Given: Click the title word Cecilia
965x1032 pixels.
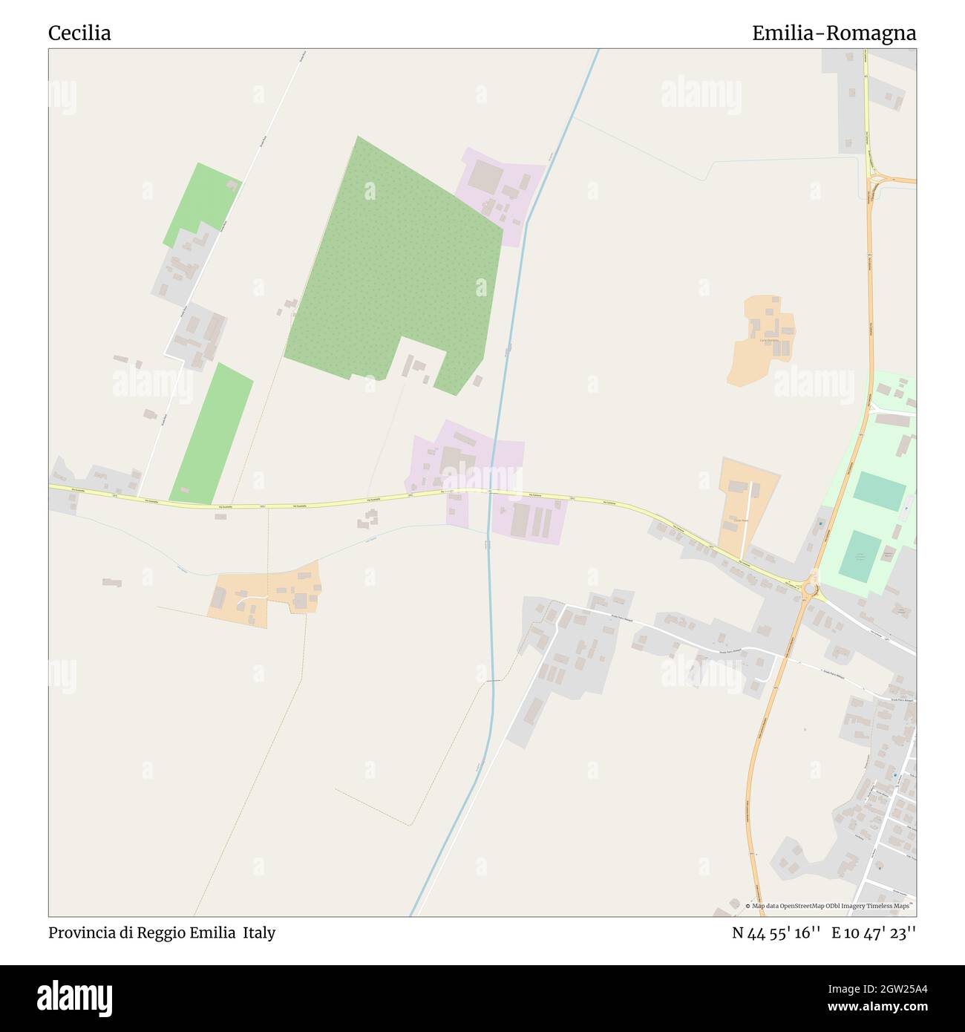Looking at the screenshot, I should click(79, 33).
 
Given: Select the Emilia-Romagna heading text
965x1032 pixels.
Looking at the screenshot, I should click(834, 33).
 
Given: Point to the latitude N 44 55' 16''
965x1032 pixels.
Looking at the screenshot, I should click(776, 933).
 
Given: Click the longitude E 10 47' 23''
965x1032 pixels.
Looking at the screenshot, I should click(874, 933).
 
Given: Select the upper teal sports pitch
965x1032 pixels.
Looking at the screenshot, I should click(880, 491).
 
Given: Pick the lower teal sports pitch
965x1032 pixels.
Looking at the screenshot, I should click(861, 555).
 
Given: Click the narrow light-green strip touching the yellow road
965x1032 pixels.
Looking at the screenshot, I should click(212, 434).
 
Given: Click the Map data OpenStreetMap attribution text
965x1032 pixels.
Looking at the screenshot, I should click(830, 906).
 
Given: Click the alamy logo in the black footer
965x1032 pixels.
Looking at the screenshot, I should click(75, 997).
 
